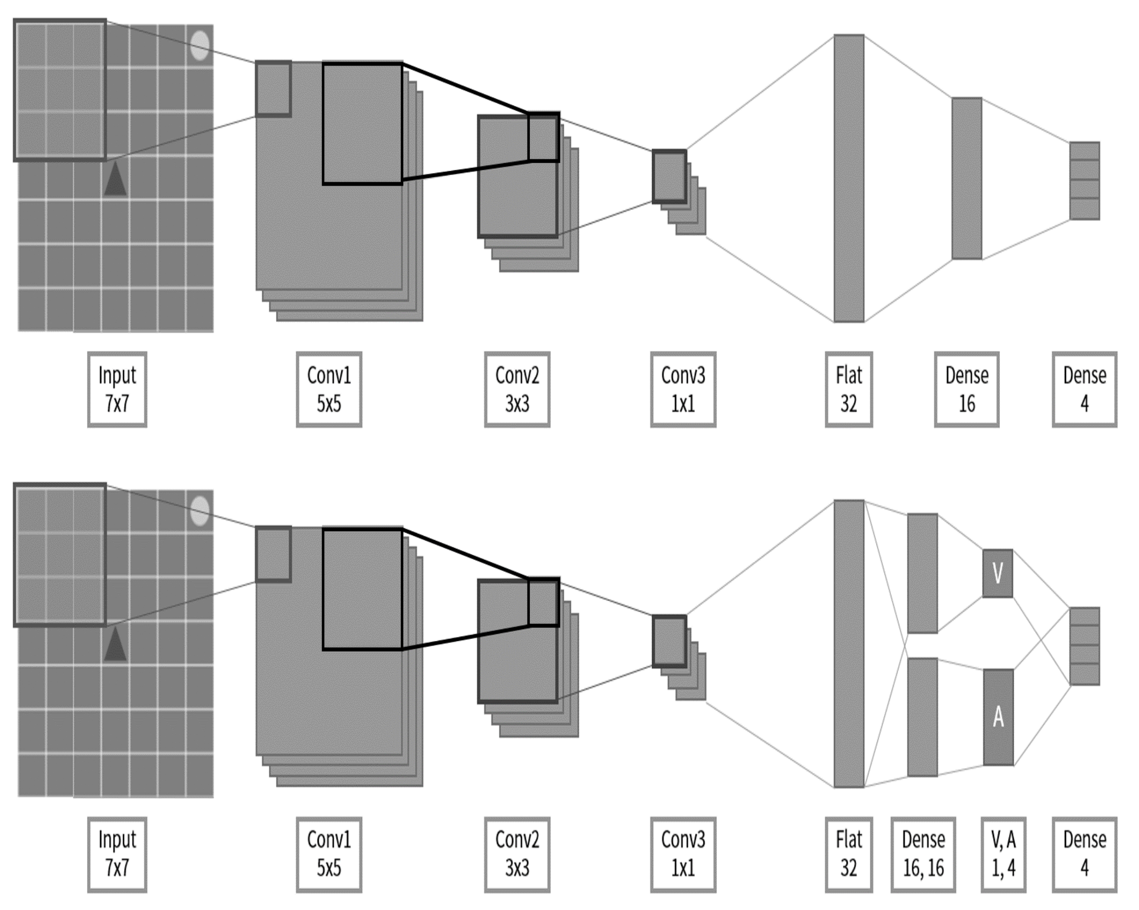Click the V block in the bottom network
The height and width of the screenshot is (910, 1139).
click(998, 573)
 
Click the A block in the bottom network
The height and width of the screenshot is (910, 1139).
click(998, 717)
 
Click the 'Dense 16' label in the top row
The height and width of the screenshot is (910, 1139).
click(966, 389)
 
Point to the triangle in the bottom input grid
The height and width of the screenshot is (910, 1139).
click(115, 646)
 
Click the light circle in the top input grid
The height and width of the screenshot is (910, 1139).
click(200, 45)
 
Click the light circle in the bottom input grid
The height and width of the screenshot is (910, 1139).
click(200, 511)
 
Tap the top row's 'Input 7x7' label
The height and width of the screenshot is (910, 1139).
click(117, 389)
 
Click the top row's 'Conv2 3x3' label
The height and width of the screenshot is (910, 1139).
click(517, 389)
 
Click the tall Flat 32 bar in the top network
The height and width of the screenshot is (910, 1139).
click(849, 178)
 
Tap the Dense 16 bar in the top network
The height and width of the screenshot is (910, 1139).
click(966, 178)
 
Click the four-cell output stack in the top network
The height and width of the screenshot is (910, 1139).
click(1084, 181)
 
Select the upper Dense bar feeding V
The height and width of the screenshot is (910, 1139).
click(922, 573)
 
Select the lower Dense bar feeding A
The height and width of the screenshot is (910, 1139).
click(922, 717)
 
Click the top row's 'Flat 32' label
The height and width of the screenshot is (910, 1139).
click(849, 389)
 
